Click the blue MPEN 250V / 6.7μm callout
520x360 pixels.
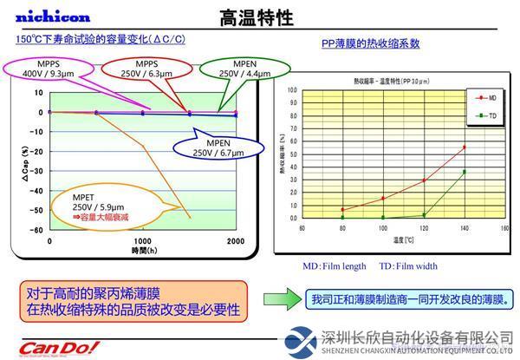(212, 148)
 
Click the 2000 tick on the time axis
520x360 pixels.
(235, 240)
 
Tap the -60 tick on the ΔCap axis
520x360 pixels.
(36, 230)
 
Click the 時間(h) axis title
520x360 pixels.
(143, 250)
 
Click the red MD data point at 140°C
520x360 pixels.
(465, 147)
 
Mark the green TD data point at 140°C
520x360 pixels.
(465, 172)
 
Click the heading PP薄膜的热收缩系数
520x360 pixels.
(370, 43)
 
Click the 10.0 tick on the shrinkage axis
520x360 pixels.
(292, 89)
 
